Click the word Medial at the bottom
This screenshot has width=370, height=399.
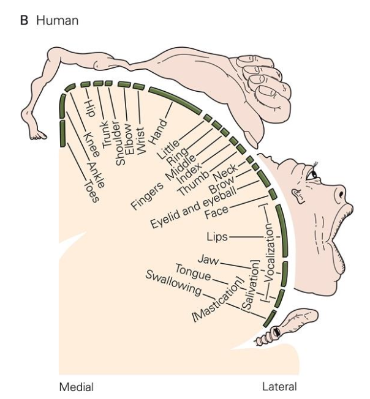pyautogui.click(x=76, y=387)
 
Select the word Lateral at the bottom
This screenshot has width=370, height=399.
pyautogui.click(x=279, y=387)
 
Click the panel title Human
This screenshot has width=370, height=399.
pyautogui.click(x=57, y=21)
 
